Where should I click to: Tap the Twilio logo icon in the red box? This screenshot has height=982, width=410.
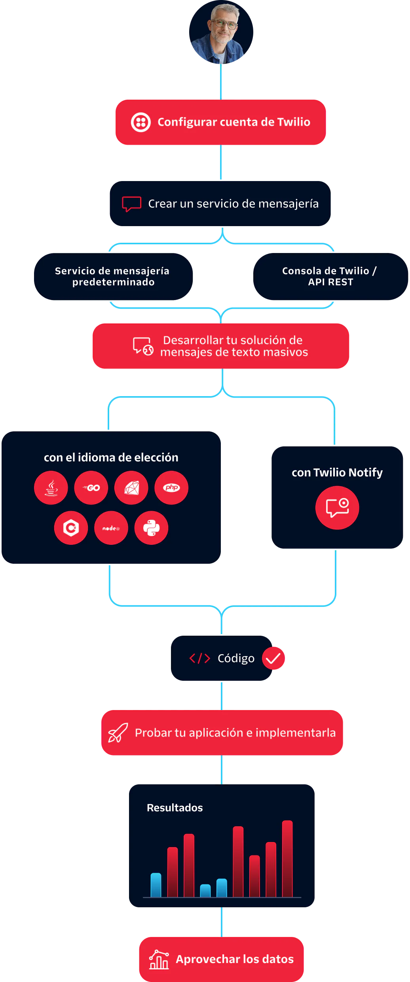pyautogui.click(x=141, y=122)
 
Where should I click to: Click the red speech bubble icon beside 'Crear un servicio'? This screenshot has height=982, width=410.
pyautogui.click(x=131, y=204)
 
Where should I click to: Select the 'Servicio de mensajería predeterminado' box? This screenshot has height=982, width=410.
pyautogui.click(x=113, y=276)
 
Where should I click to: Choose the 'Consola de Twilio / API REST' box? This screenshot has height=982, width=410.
pyautogui.click(x=330, y=276)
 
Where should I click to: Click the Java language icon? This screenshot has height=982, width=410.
pyautogui.click(x=51, y=487)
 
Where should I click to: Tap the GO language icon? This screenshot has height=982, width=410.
pyautogui.click(x=91, y=487)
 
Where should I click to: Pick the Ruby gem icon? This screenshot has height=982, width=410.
pyautogui.click(x=131, y=487)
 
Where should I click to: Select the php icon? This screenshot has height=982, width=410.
pyautogui.click(x=171, y=487)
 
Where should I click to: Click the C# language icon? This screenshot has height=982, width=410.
pyautogui.click(x=71, y=528)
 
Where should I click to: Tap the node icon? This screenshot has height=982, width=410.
pyautogui.click(x=111, y=528)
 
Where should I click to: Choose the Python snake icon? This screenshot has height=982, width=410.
pyautogui.click(x=151, y=528)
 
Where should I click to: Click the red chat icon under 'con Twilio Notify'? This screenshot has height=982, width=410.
pyautogui.click(x=337, y=508)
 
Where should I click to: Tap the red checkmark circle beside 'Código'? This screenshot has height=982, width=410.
pyautogui.click(x=273, y=658)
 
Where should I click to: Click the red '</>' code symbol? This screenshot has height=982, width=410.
pyautogui.click(x=199, y=658)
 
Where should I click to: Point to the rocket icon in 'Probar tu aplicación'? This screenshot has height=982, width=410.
pyautogui.click(x=118, y=733)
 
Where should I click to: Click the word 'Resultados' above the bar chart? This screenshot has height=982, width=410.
pyautogui.click(x=175, y=808)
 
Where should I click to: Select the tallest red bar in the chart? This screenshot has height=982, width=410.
pyautogui.click(x=287, y=859)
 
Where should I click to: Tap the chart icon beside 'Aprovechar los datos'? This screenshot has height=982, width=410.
pyautogui.click(x=159, y=959)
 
